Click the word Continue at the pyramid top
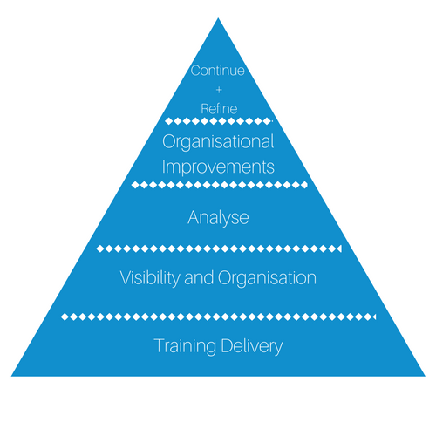click(x=218, y=71)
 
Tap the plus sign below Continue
click(x=219, y=90)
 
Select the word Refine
click(x=219, y=109)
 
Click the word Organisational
click(x=218, y=142)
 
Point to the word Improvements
click(x=218, y=167)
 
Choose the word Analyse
click(x=218, y=218)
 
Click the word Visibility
click(x=150, y=277)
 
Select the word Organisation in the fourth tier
click(x=267, y=278)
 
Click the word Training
click(x=185, y=346)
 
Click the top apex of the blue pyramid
click(x=218, y=18)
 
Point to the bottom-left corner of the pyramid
click(x=11, y=376)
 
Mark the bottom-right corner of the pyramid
click(x=425, y=376)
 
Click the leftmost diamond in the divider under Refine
click(x=169, y=121)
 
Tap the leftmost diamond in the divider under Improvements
click(x=135, y=185)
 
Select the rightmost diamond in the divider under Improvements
click(x=303, y=185)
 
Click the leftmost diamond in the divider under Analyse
click(x=100, y=249)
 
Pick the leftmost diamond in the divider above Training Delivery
click(x=65, y=317)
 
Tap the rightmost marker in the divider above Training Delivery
click(x=373, y=317)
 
